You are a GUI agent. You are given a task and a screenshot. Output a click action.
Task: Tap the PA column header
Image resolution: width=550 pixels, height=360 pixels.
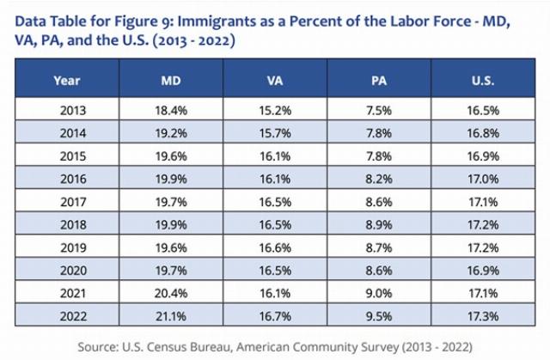(380, 81)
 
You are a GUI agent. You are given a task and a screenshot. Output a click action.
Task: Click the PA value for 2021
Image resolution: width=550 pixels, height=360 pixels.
(380, 292)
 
